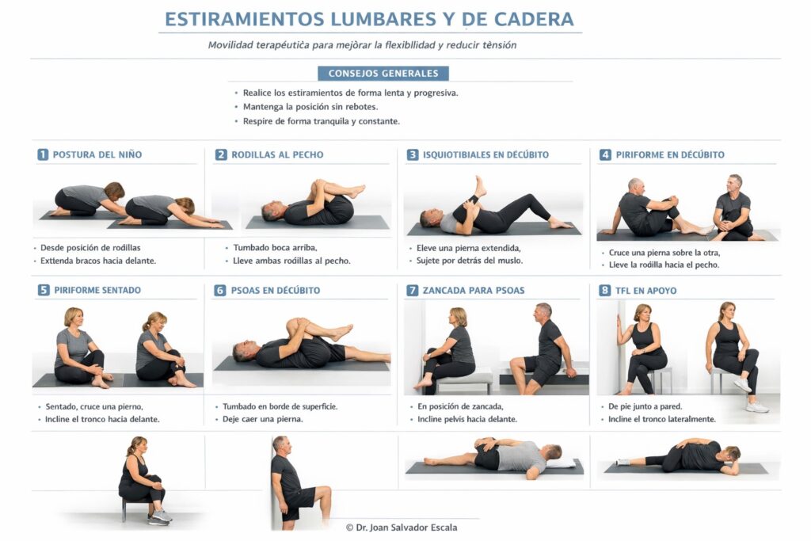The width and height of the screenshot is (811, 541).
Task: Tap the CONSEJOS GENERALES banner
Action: (x=383, y=74)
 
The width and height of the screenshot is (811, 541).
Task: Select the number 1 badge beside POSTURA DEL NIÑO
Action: (x=43, y=154)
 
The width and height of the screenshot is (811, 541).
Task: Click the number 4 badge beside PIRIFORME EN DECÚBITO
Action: (x=605, y=154)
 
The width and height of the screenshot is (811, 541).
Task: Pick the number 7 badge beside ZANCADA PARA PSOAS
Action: (x=412, y=290)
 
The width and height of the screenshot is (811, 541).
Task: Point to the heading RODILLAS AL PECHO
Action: (x=277, y=154)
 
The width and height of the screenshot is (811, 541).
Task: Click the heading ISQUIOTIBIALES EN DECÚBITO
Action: (x=485, y=154)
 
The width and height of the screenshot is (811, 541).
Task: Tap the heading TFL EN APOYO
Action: (x=645, y=291)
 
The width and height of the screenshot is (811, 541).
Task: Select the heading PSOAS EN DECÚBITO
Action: (x=276, y=291)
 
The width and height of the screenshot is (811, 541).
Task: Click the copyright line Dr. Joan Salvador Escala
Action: (x=402, y=528)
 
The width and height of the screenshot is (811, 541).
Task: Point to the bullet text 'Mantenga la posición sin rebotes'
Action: (x=310, y=107)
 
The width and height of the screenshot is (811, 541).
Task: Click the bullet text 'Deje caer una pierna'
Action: (x=263, y=419)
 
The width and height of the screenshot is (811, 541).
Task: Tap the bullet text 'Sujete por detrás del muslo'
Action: (x=470, y=261)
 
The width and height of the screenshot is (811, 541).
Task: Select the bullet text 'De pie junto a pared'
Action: (x=645, y=406)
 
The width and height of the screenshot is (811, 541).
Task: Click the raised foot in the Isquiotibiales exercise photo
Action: (x=481, y=186)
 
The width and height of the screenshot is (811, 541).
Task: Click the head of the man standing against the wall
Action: (x=281, y=444)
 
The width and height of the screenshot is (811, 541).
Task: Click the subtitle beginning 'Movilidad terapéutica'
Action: (x=362, y=45)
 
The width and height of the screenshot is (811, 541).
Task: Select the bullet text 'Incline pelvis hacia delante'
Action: (x=467, y=419)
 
